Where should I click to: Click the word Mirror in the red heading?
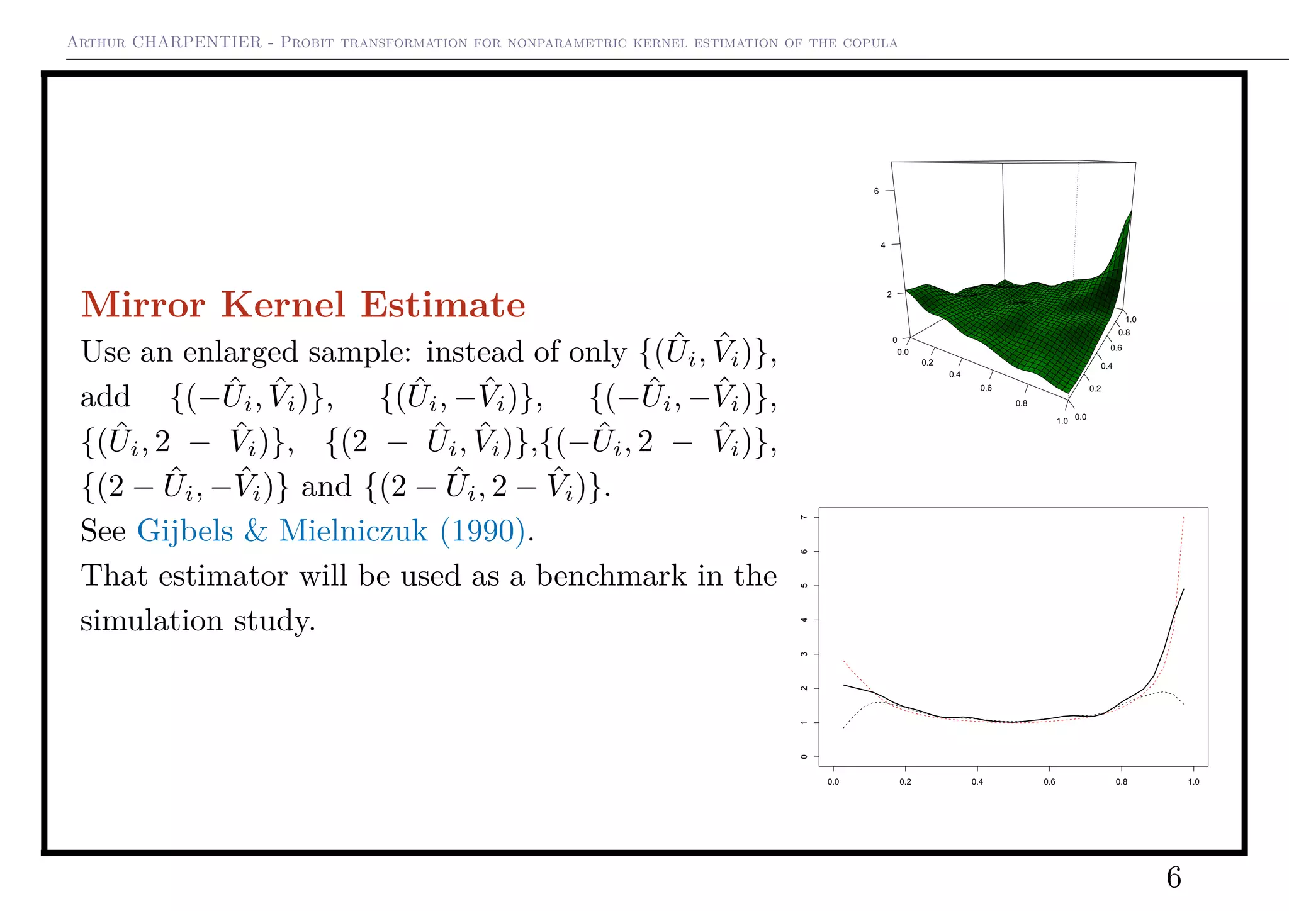tap(143, 305)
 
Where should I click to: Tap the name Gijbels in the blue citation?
tap(185, 530)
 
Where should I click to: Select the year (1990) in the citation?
tap(482, 530)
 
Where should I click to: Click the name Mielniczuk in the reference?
tap(353, 530)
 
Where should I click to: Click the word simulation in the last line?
tap(151, 621)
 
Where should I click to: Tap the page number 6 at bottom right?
tap(1174, 878)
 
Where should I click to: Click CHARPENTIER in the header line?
tap(196, 42)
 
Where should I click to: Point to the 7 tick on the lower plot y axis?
tap(804, 517)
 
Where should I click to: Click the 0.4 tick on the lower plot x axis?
tap(977, 782)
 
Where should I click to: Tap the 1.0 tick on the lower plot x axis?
tap(1193, 782)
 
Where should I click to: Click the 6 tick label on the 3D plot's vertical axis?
tap(876, 191)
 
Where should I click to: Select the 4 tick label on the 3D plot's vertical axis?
tap(882, 245)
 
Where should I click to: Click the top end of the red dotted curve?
tap(1184, 518)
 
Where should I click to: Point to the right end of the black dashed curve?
tap(1184, 705)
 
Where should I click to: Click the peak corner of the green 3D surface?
tap(1131, 211)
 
